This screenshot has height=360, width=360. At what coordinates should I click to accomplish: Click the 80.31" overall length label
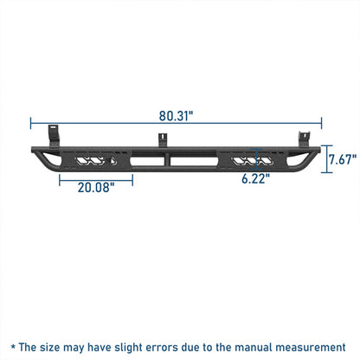[176, 116]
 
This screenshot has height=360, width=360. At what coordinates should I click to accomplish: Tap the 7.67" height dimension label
[343, 159]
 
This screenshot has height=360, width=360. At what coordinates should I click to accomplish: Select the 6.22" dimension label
[255, 179]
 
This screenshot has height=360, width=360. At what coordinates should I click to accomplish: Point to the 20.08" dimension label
[96, 188]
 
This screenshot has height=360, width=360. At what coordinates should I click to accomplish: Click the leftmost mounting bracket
[53, 136]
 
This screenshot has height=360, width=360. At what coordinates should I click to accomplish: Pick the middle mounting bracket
[163, 140]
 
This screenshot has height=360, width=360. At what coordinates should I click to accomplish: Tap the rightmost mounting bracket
[304, 139]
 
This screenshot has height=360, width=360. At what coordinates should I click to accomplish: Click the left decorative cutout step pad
[95, 161]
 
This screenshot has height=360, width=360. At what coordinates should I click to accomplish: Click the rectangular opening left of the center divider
[147, 162]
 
